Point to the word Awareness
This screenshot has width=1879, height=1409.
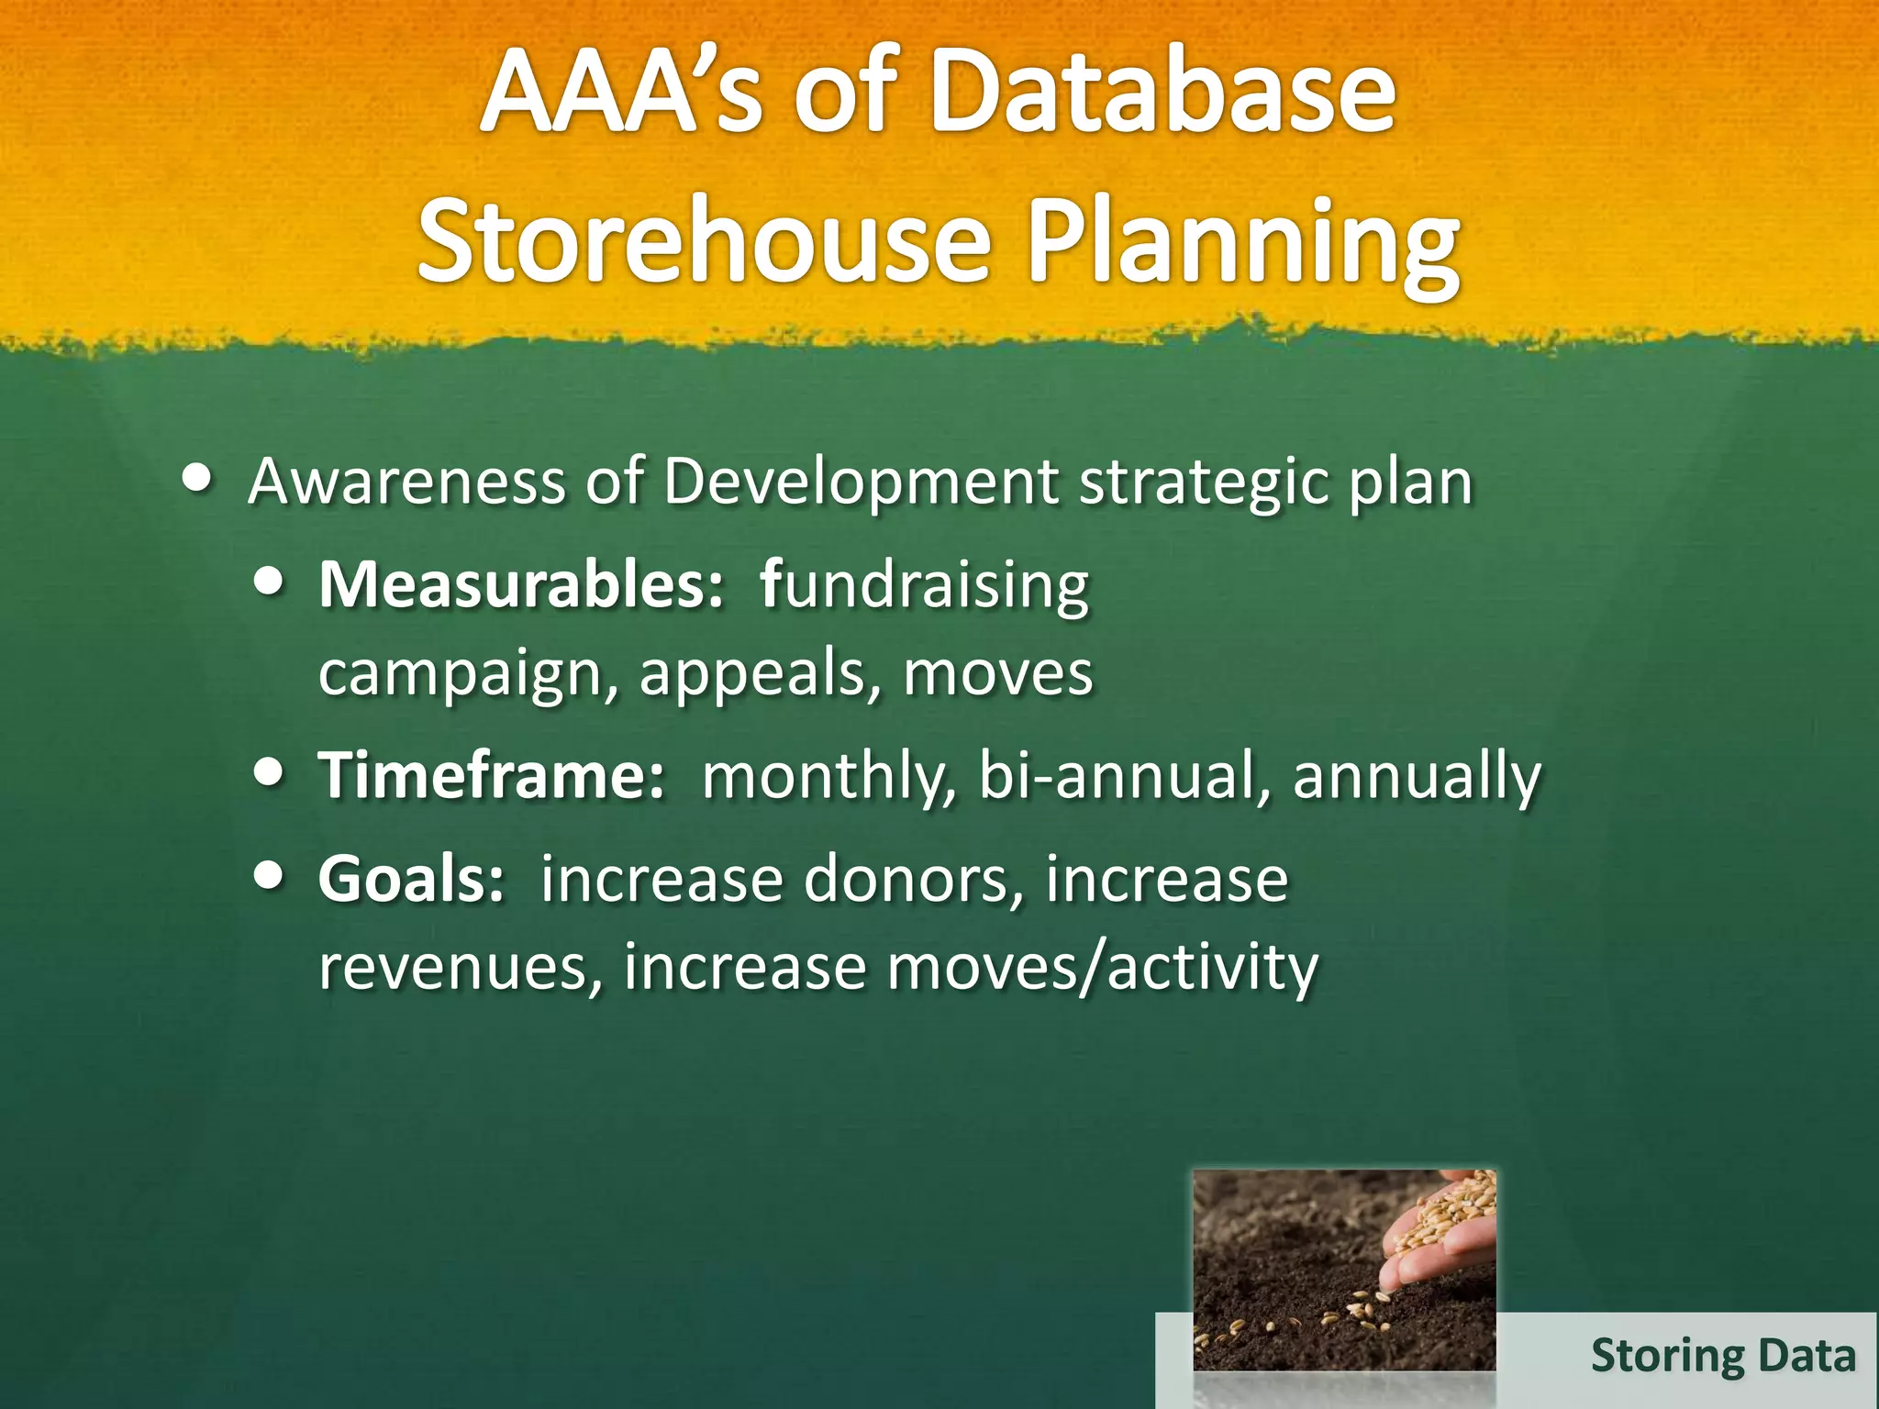pyautogui.click(x=406, y=482)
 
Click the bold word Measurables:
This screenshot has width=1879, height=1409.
pyautogui.click(x=521, y=584)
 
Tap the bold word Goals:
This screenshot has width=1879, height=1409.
pyautogui.click(x=411, y=879)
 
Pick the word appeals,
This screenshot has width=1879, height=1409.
pyautogui.click(x=752, y=674)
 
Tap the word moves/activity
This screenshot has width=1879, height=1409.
pyautogui.click(x=1102, y=968)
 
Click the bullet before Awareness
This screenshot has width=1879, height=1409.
pyautogui.click(x=198, y=478)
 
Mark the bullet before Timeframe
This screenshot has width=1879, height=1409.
pyautogui.click(x=268, y=772)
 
